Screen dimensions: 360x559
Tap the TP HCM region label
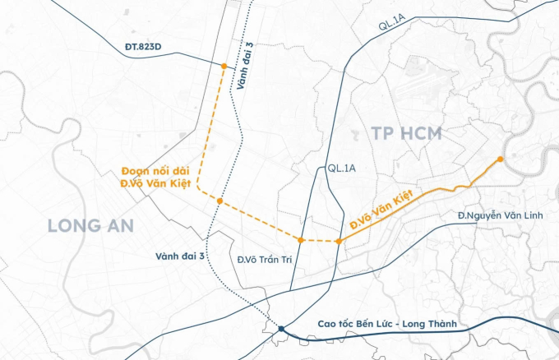click(x=405, y=133)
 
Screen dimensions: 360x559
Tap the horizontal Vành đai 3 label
click(x=179, y=256)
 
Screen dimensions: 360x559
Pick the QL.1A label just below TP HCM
click(x=341, y=168)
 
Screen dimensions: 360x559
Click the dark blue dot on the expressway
click(x=281, y=329)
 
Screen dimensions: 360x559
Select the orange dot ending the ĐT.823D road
click(x=224, y=65)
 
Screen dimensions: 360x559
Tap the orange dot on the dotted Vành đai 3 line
click(x=220, y=201)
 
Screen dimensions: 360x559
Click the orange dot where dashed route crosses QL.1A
click(x=302, y=240)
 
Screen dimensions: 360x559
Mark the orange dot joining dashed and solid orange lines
click(x=339, y=242)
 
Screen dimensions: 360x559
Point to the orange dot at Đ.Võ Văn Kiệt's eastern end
click(x=500, y=159)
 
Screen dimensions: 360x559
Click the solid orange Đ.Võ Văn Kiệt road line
click(x=444, y=190)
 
